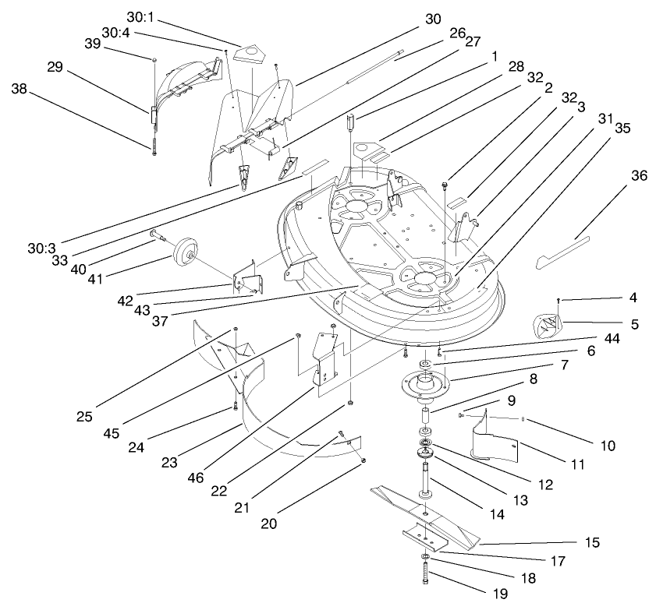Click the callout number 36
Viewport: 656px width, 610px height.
pos(639,177)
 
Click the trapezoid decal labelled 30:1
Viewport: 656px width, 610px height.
pos(250,51)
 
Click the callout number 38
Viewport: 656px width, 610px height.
pos(20,89)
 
